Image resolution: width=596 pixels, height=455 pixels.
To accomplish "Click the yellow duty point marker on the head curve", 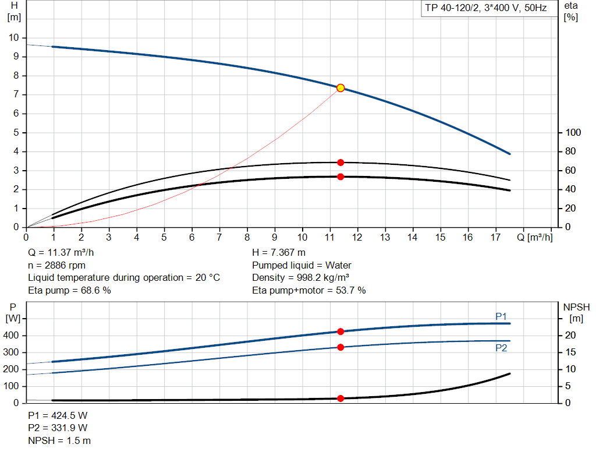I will point(340,88).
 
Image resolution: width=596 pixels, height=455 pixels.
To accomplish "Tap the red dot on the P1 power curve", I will point(340,331).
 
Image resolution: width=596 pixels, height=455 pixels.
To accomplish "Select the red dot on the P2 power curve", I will point(340,347).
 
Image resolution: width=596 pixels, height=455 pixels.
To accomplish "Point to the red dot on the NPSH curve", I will point(340,398).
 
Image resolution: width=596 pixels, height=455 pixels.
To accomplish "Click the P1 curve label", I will point(501,316).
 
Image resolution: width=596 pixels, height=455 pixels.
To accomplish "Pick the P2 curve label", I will point(501,348).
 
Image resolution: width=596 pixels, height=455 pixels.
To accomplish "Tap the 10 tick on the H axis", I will point(13,38).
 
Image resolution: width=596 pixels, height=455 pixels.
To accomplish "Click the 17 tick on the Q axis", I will point(495,237).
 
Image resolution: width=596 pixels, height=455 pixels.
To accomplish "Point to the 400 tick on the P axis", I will point(12,336).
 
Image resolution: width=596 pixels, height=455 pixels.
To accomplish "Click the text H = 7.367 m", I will point(279,253).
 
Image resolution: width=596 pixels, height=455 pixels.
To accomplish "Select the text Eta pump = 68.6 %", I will point(69,290).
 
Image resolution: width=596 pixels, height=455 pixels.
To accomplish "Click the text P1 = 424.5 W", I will point(58,415).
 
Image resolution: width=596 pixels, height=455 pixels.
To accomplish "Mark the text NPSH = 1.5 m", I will point(59,440).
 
